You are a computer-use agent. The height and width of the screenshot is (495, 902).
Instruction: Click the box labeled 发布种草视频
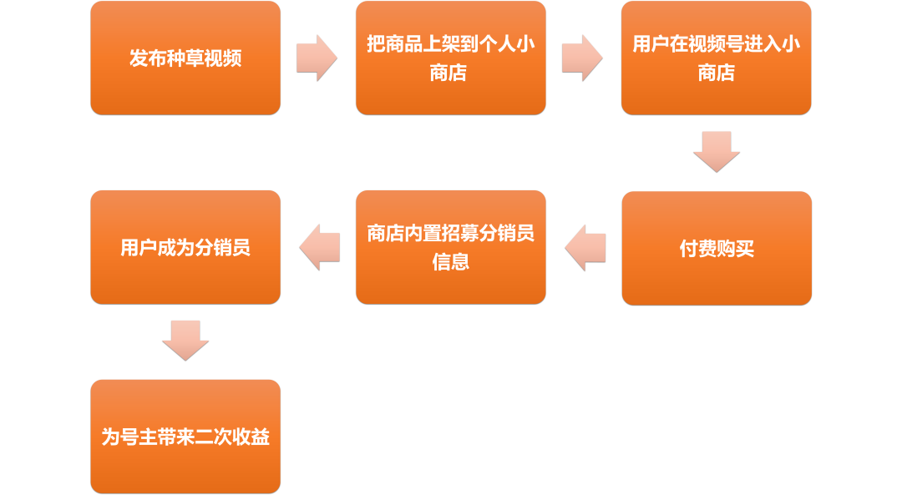[185, 58]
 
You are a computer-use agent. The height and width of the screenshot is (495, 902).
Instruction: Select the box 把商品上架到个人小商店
[450, 58]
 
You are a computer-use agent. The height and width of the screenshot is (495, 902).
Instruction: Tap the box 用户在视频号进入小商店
[717, 58]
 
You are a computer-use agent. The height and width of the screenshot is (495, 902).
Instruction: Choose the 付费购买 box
[717, 249]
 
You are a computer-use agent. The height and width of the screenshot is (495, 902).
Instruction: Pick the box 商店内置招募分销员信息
[450, 247]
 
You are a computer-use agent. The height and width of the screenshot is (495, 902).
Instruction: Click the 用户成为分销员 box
[185, 247]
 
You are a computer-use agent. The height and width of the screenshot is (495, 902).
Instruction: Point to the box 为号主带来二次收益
[185, 437]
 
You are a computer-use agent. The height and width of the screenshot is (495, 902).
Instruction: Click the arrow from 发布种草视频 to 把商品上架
[317, 58]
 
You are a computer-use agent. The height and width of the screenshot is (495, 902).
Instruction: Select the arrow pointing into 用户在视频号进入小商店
[582, 58]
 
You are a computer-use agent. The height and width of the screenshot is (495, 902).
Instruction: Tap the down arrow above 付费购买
[717, 152]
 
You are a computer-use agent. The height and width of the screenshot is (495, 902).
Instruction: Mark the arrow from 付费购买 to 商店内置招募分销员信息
[585, 248]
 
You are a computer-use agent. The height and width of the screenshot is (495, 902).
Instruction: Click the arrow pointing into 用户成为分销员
[319, 247]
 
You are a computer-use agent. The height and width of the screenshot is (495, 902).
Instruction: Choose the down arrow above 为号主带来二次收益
[185, 341]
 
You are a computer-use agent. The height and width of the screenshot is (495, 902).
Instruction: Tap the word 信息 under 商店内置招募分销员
[450, 262]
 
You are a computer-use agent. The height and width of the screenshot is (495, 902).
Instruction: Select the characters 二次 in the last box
[214, 437]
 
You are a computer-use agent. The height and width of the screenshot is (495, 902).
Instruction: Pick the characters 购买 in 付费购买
[735, 249]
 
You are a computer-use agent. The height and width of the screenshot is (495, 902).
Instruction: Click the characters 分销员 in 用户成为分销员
[223, 248]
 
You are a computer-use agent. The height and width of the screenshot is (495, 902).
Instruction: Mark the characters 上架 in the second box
[441, 43]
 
